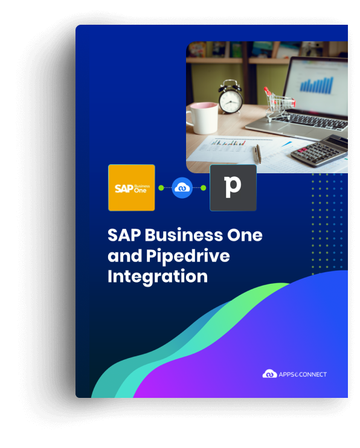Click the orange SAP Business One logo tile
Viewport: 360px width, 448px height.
pyautogui.click(x=132, y=188)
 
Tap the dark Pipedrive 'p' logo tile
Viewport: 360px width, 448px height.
pyautogui.click(x=233, y=188)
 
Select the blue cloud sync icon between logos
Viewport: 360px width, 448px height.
pyautogui.click(x=182, y=188)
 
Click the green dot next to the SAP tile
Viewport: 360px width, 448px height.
pyautogui.click(x=161, y=188)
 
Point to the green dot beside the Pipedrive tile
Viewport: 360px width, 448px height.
pyautogui.click(x=204, y=188)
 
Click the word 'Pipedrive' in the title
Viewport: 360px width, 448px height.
pyautogui.click(x=188, y=256)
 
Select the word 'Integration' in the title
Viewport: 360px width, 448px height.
pyautogui.click(x=158, y=277)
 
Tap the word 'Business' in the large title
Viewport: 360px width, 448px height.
pyautogui.click(x=184, y=235)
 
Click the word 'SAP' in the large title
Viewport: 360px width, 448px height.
pyautogui.click(x=124, y=235)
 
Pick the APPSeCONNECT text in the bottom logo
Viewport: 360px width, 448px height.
pyautogui.click(x=303, y=374)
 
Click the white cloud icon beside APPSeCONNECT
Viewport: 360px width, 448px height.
pyautogui.click(x=269, y=374)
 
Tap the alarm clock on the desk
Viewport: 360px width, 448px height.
pyautogui.click(x=230, y=97)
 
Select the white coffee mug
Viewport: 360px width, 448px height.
pyautogui.click(x=202, y=118)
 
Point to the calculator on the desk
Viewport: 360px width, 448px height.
pyautogui.click(x=320, y=150)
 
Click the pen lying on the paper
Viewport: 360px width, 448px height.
pyautogui.click(x=258, y=154)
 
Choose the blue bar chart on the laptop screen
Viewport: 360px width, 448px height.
pyautogui.click(x=317, y=85)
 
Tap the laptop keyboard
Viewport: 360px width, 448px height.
pyautogui.click(x=312, y=121)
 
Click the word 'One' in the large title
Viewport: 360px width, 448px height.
pyautogui.click(x=245, y=235)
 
